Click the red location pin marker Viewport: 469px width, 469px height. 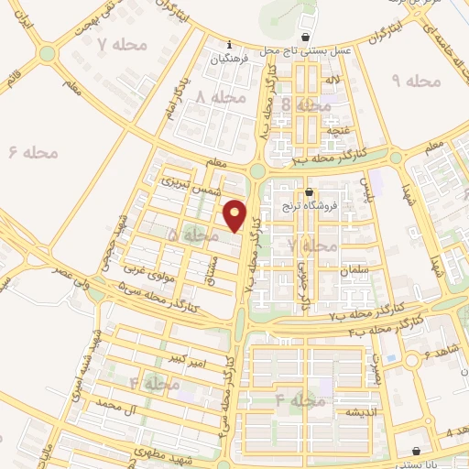pos(236,215)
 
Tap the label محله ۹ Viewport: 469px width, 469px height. pos(418,82)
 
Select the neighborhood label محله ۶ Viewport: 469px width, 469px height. pos(34,152)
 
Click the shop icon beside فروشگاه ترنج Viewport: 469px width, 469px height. pos(309,192)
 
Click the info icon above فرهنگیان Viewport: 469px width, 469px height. pos(229,44)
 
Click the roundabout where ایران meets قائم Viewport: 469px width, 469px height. pos(47,54)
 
